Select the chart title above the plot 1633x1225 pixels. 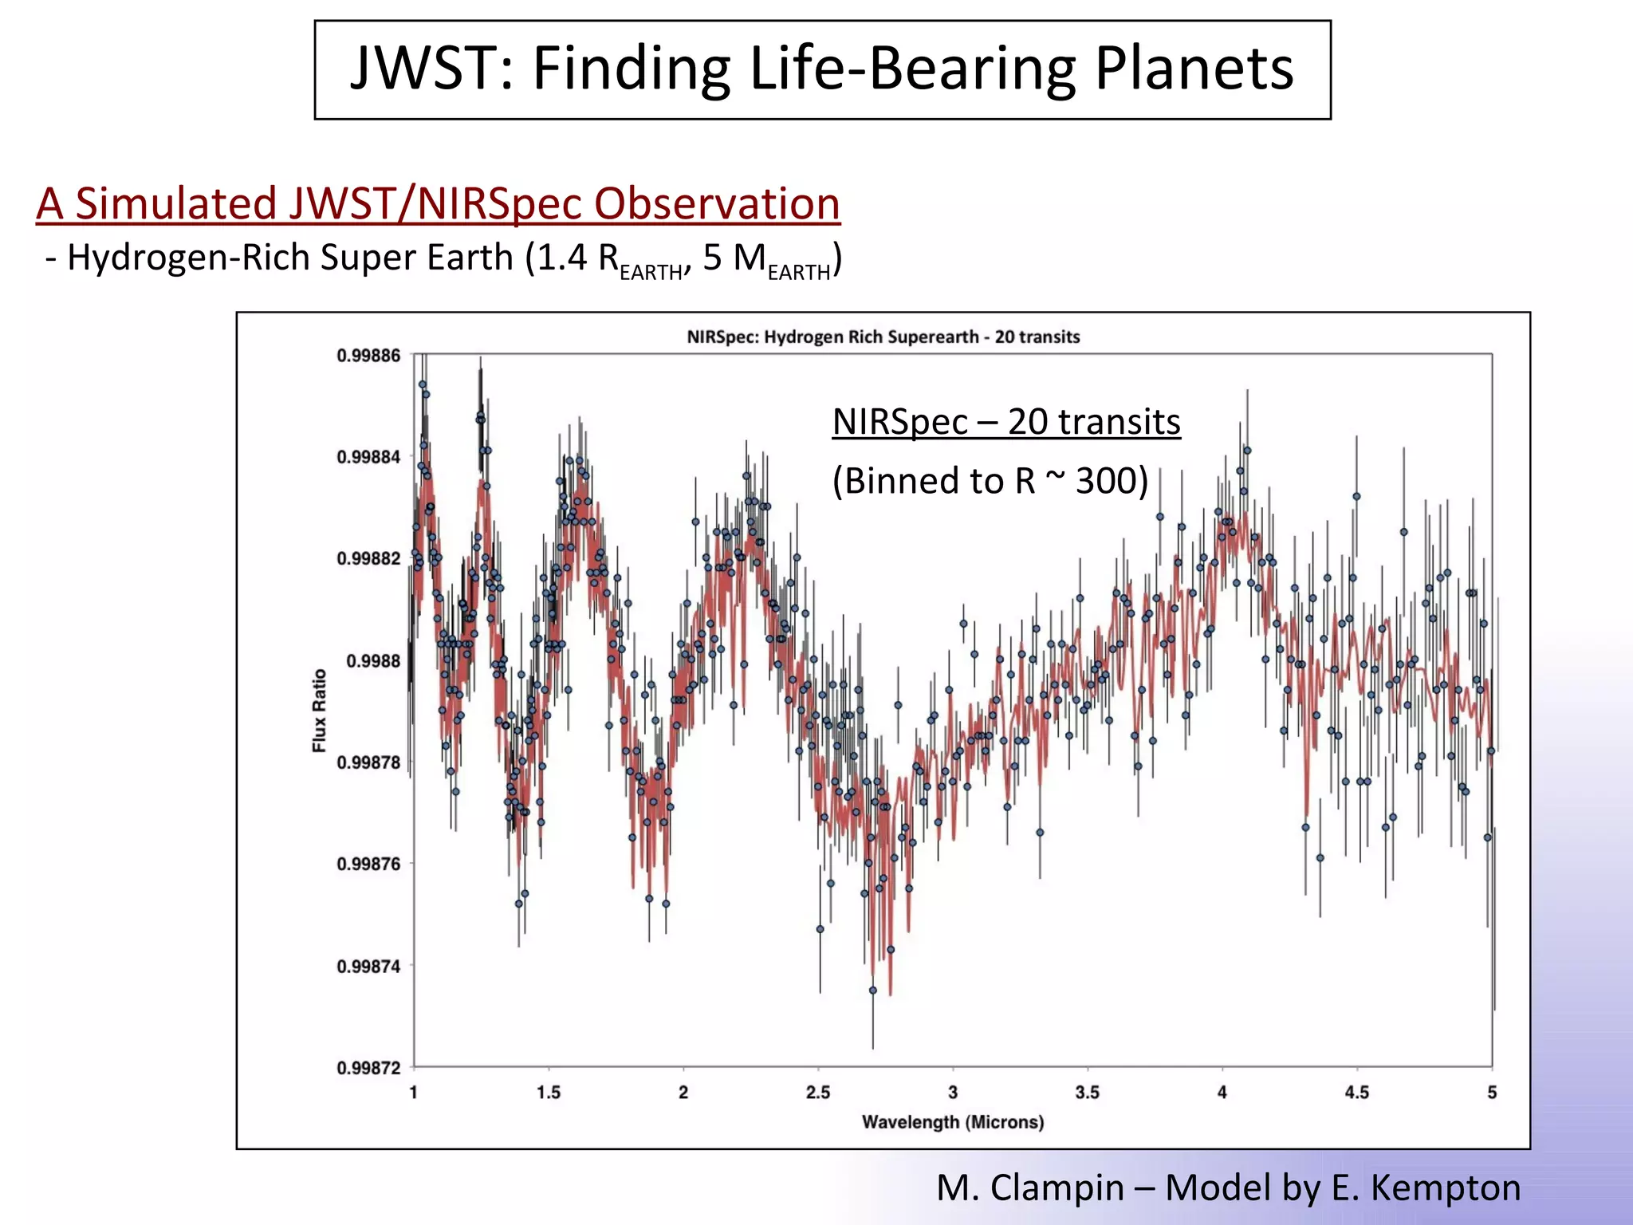coord(883,337)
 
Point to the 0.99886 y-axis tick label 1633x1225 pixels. coord(368,356)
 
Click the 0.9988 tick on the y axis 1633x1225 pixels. coord(372,661)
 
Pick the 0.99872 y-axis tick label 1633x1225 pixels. coord(368,1068)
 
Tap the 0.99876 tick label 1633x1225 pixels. coord(368,865)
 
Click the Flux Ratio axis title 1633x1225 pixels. coord(320,710)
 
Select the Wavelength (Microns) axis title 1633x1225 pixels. coord(952,1122)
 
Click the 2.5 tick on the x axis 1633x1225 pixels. coord(818,1093)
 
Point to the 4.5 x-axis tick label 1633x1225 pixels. coord(1356,1093)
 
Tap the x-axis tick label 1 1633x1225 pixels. coord(414,1093)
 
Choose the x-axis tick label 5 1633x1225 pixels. coord(1492,1093)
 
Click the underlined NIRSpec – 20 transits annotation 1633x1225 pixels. coord(1005,422)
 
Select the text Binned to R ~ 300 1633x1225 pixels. coord(990,481)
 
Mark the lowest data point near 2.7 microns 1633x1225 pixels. coord(873,991)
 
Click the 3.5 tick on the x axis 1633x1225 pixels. coord(1087,1093)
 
